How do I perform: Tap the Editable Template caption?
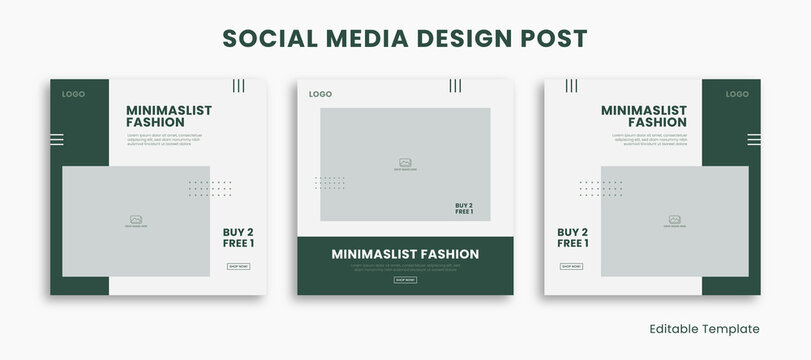[704, 329]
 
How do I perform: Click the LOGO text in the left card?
[73, 94]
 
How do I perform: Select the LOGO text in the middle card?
[320, 94]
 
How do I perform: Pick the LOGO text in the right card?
[737, 94]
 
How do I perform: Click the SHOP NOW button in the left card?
[238, 266]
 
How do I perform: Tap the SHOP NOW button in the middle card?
[405, 280]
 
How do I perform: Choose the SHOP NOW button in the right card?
[571, 266]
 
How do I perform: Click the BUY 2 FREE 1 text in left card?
[238, 237]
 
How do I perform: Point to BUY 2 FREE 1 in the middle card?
[464, 208]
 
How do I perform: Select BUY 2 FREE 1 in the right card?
[572, 237]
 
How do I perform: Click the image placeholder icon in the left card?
[136, 219]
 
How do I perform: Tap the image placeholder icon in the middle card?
[405, 162]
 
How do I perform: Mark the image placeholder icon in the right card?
[675, 219]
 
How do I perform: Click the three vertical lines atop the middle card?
[455, 86]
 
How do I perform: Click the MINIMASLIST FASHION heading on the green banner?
[405, 254]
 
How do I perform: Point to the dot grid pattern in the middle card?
[329, 183]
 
